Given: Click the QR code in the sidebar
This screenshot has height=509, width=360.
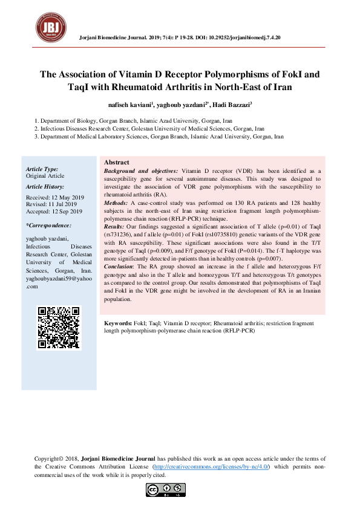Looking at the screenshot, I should coord(59,328).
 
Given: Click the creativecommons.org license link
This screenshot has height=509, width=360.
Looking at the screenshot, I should coord(211,467).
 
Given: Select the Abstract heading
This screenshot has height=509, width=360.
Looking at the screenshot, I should coord(117,163).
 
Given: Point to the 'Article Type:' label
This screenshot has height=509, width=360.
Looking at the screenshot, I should coord(42,169).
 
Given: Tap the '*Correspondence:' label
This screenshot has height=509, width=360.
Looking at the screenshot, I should coord(49,225).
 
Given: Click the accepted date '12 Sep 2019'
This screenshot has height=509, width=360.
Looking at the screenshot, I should coord(67,212).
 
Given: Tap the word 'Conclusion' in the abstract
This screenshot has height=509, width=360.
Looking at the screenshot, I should coord(119,266).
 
